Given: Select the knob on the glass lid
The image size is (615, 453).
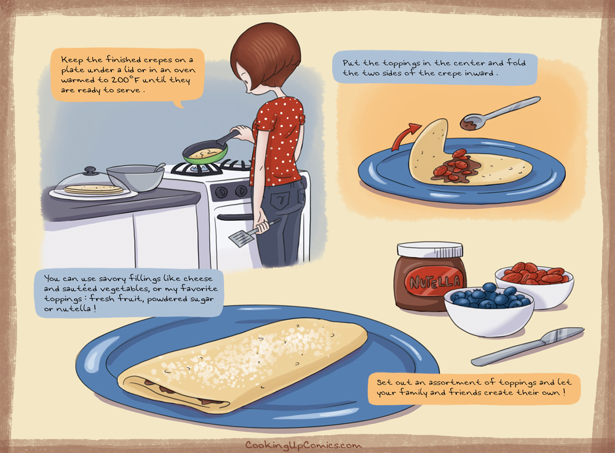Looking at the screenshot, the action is coord(90,170).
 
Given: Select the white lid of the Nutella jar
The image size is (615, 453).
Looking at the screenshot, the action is coord(430,249).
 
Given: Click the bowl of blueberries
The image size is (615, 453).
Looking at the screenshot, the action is coord(489,310).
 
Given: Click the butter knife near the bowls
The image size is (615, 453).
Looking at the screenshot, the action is coord(528,347).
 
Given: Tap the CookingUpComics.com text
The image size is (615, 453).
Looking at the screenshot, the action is coord(303,445).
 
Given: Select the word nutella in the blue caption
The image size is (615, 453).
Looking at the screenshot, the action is coord(73,309).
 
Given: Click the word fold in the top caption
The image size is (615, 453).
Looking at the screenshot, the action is coord(516,62).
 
